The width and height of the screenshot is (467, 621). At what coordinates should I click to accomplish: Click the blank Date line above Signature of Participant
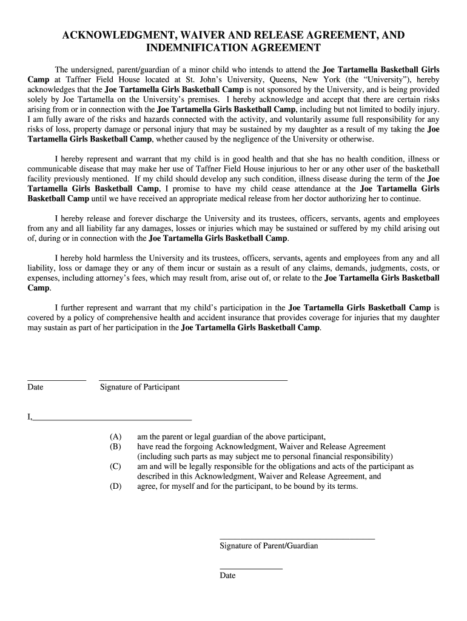click(x=57, y=380)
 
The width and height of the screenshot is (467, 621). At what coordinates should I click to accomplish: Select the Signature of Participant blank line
click(x=193, y=380)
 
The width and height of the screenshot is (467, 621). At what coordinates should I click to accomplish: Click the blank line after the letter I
click(x=112, y=419)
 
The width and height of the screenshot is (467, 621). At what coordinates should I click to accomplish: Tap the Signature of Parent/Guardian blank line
click(x=297, y=539)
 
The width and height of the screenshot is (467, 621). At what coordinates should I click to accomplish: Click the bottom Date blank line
click(x=251, y=568)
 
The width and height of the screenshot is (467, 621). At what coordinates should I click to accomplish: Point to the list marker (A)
click(x=115, y=436)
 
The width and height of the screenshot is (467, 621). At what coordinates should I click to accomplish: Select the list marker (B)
click(x=115, y=446)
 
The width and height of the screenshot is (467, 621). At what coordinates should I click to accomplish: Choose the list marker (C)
click(x=115, y=466)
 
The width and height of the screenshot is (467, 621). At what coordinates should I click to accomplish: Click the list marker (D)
click(x=115, y=486)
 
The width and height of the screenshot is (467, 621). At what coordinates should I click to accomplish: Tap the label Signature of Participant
click(x=139, y=387)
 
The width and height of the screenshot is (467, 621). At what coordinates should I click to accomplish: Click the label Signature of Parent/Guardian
click(x=269, y=546)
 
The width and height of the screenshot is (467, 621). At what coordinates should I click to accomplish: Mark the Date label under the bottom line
click(x=227, y=576)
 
